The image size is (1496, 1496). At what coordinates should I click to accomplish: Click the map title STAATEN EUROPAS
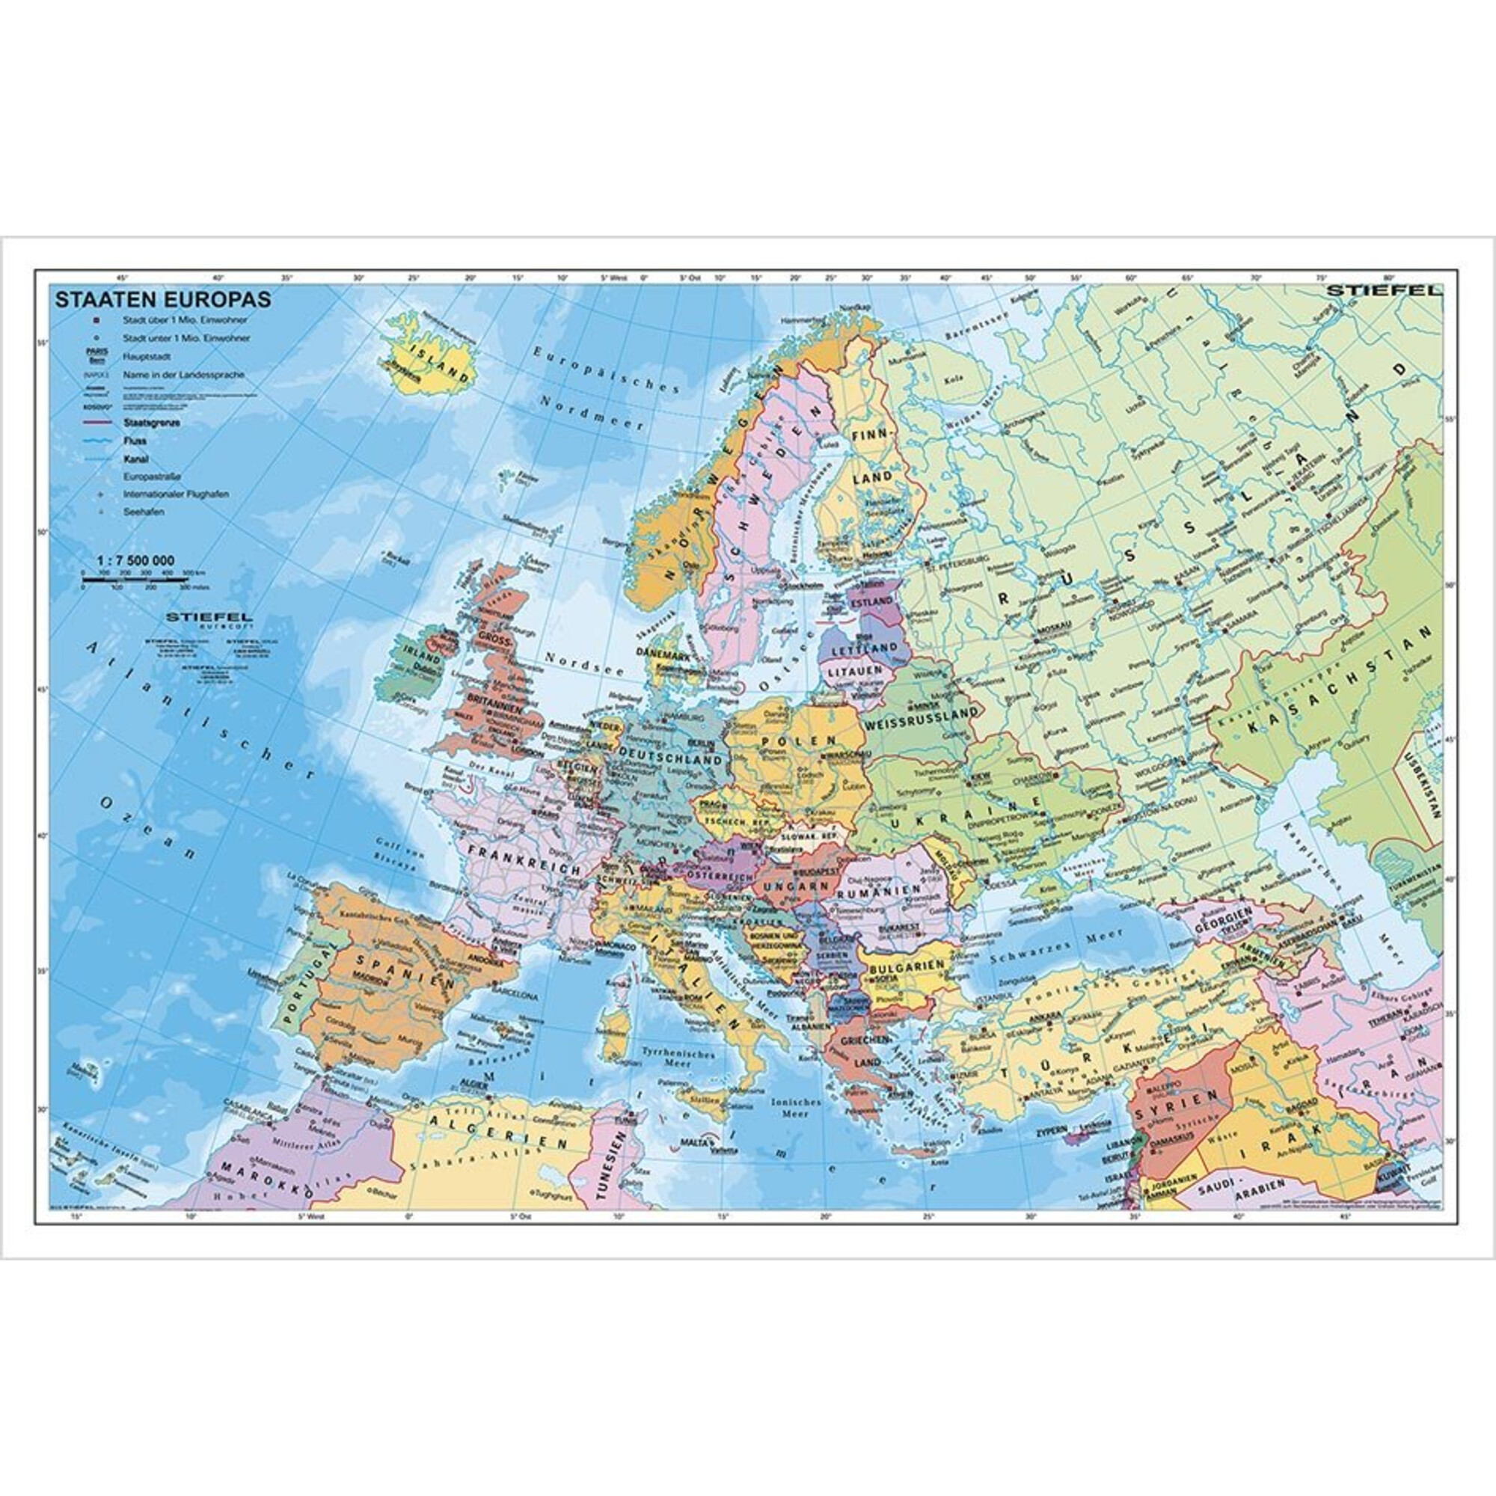(x=162, y=299)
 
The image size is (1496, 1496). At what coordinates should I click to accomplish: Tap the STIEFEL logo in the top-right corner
(x=1384, y=291)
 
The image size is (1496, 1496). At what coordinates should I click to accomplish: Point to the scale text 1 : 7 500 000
(x=135, y=560)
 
